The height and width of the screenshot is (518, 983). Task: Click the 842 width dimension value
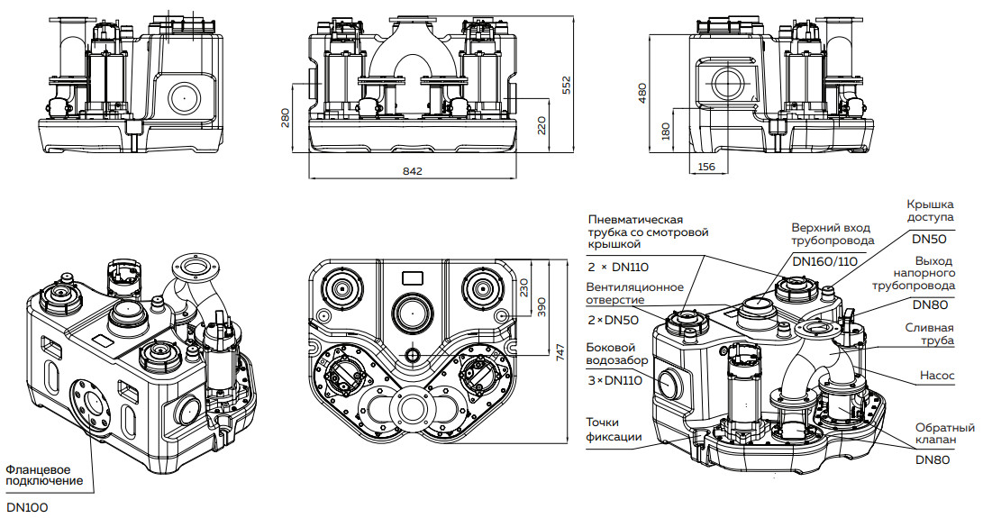[413, 170]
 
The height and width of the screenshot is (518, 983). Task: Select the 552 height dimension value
[567, 84]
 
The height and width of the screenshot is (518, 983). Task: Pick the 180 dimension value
[666, 132]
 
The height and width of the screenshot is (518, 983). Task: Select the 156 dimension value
[706, 168]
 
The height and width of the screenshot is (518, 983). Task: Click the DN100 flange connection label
[26, 507]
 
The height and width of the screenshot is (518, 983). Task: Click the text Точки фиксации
[614, 430]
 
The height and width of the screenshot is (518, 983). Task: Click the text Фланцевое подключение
[44, 475]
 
